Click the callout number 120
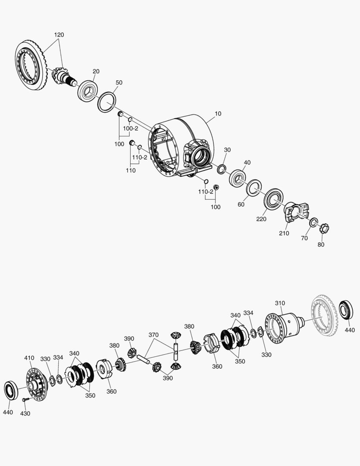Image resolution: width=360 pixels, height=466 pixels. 59,35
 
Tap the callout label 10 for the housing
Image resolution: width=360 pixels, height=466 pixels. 218,113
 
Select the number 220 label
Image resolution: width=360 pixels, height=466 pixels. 261,219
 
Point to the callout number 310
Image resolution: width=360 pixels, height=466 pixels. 280,303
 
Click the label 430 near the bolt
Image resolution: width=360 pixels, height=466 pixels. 25,413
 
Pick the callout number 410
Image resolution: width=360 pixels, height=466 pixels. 29,358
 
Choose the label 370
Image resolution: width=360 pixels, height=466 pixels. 153,335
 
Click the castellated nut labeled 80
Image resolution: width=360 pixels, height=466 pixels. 324,229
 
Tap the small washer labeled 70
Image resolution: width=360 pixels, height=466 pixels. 314,222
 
